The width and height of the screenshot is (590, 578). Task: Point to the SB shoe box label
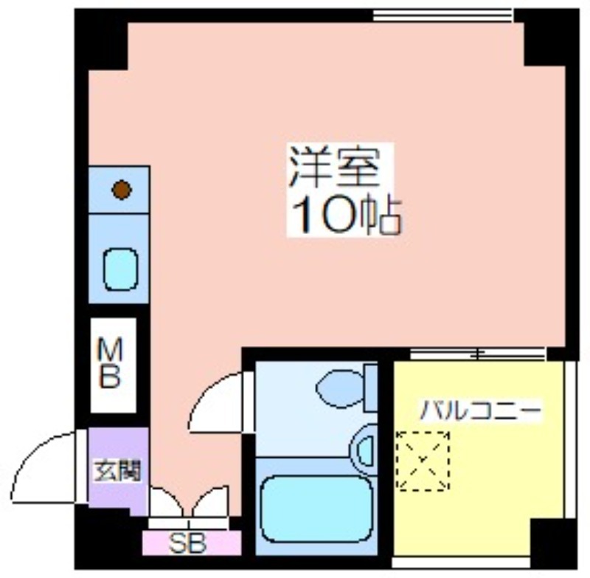click(187, 543)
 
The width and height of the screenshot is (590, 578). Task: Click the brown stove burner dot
click(122, 190)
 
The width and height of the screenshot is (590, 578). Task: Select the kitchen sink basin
click(120, 269)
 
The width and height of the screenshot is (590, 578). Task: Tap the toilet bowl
click(340, 388)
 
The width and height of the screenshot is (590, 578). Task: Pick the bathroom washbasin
click(364, 450)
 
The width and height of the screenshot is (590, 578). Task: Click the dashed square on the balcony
click(423, 461)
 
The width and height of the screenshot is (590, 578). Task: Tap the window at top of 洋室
click(443, 16)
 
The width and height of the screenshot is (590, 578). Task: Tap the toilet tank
click(371, 388)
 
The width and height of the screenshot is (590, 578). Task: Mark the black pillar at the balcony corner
click(553, 542)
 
